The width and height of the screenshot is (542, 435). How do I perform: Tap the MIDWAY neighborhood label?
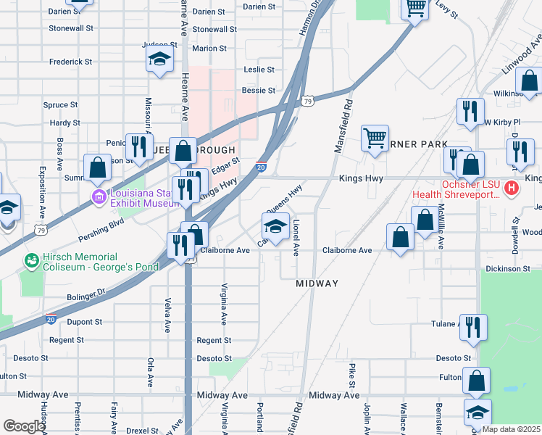317,283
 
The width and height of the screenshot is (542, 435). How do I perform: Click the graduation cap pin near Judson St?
159,59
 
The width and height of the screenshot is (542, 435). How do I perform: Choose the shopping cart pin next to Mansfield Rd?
375,137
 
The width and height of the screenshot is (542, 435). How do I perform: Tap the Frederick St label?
70,62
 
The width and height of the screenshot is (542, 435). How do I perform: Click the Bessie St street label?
259,91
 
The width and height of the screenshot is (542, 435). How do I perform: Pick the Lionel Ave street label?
296,239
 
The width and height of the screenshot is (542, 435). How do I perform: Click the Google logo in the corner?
23,426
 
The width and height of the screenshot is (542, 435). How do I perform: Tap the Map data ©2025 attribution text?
510,429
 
